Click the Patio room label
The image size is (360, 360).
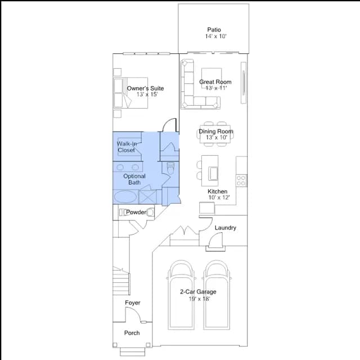pos(214,30)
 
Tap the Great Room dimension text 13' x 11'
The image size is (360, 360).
pos(216,88)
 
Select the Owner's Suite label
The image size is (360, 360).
pos(145,88)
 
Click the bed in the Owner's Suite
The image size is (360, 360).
pos(130,93)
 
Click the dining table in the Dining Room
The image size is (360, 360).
pos(215,134)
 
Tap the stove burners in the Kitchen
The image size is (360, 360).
pos(241,181)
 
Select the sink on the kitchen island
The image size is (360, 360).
pos(213,174)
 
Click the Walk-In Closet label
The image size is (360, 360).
pos(127,147)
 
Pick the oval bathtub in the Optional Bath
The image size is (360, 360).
pos(125,197)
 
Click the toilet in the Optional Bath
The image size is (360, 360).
pos(170,168)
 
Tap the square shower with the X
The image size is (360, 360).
pos(147,197)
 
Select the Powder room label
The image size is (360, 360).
pos(136,212)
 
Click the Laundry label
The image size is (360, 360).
pos(226,228)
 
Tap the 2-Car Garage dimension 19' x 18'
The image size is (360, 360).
pos(199,299)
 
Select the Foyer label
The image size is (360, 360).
pos(133,303)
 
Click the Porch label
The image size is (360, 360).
pos(132,333)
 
